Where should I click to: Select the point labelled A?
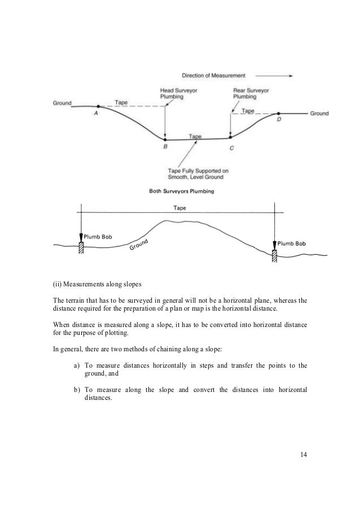click(98, 106)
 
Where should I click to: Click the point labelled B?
click(165, 140)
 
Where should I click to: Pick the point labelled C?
click(230, 137)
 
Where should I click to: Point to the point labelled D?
click(278, 114)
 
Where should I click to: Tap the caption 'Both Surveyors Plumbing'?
click(181, 191)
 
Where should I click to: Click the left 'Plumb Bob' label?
click(99, 237)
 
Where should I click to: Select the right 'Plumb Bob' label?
click(292, 243)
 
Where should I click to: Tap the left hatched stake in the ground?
click(81, 247)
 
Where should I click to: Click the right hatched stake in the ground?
click(274, 255)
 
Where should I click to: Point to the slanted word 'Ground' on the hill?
click(138, 245)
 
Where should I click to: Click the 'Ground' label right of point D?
click(319, 114)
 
